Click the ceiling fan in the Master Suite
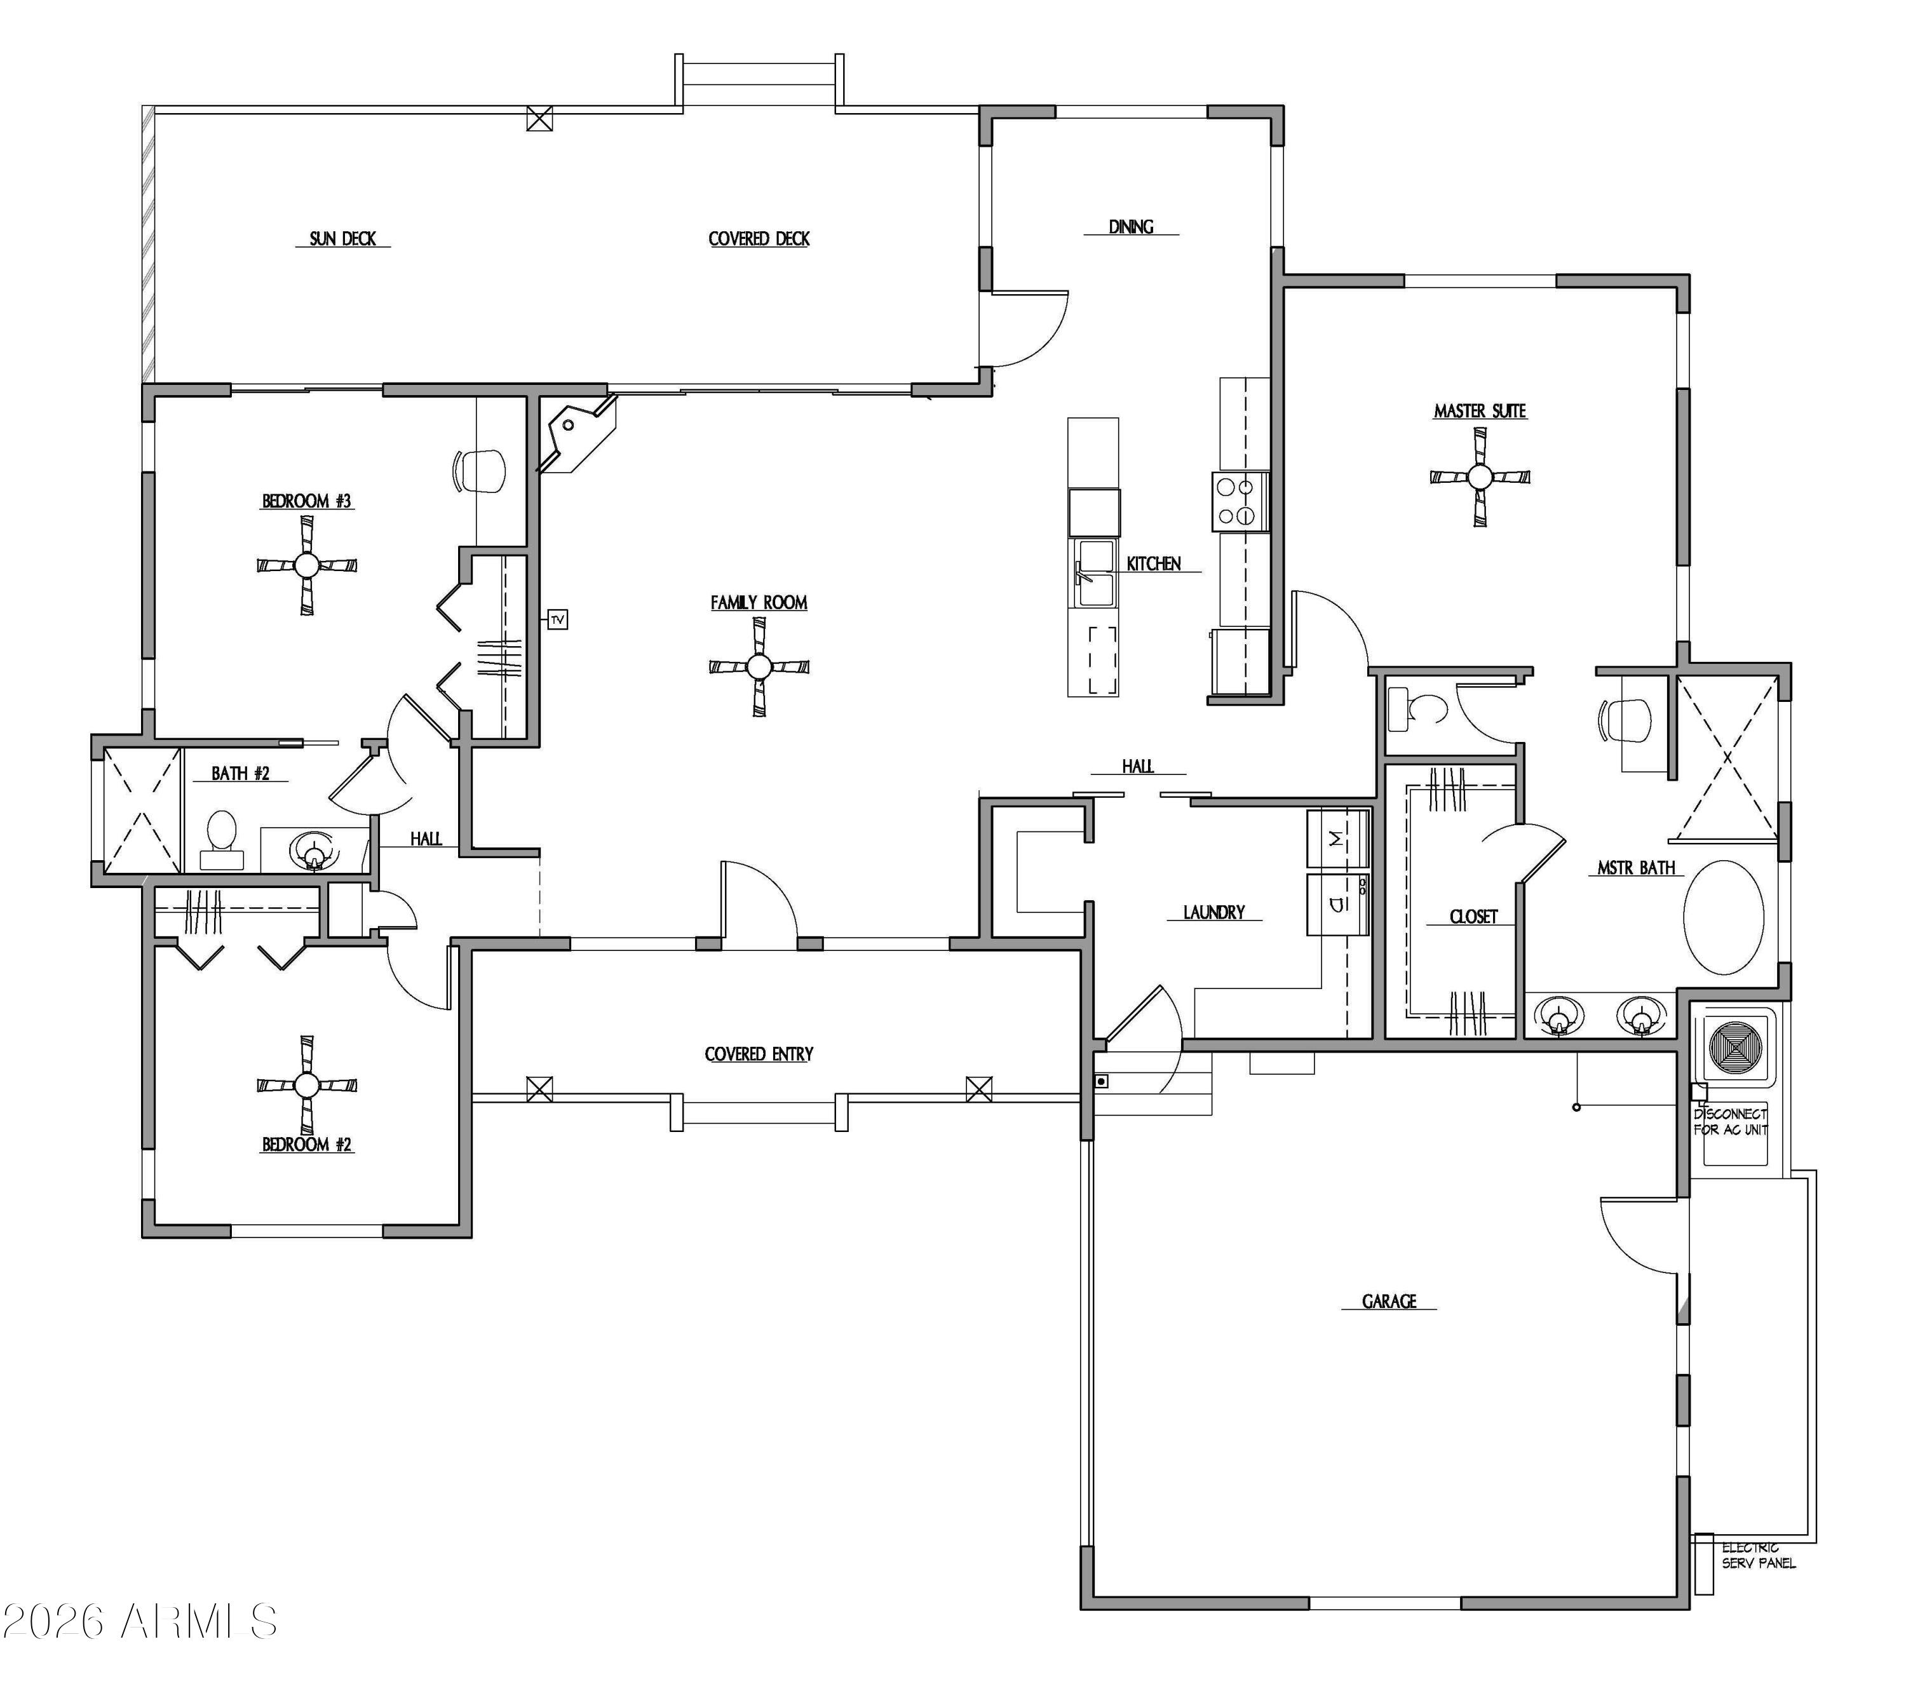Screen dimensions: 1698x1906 [x=1480, y=476]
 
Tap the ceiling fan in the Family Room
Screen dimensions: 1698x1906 [x=759, y=667]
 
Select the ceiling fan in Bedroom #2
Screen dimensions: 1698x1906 [x=306, y=1084]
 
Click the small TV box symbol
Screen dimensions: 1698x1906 [x=557, y=619]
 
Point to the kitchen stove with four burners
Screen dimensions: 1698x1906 [x=1240, y=502]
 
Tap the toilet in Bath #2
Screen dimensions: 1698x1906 [x=222, y=840]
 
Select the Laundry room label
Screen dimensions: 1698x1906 [x=1213, y=912]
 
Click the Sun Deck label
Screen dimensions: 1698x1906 [x=342, y=239]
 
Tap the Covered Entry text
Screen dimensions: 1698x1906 [x=759, y=1055]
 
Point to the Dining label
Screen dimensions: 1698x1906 [x=1131, y=227]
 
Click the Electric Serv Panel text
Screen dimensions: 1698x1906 [x=1758, y=1555]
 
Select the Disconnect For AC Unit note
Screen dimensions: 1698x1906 [x=1731, y=1121]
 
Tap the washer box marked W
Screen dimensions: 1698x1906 [x=1337, y=839]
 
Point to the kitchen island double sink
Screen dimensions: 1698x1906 [x=1093, y=573]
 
